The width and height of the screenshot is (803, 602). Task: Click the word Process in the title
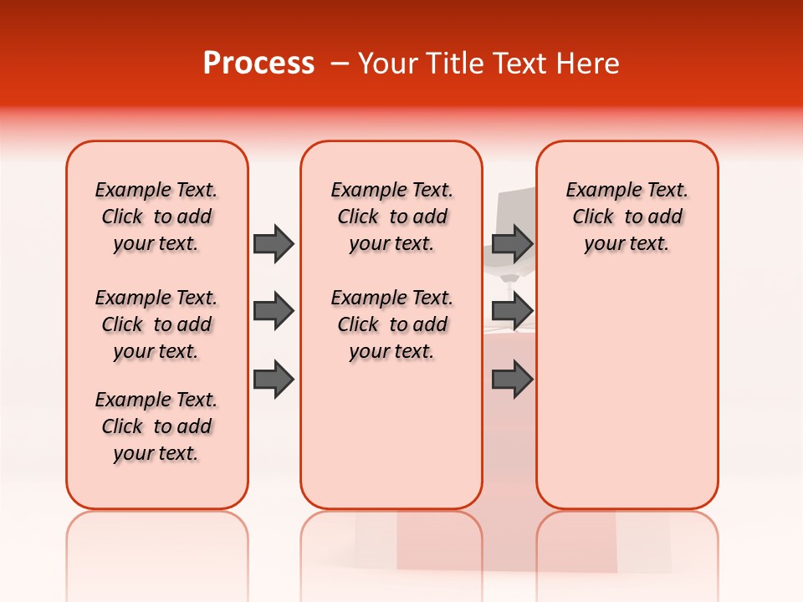258,64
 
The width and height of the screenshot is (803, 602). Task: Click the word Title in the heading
452,64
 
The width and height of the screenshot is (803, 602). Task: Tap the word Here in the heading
590,64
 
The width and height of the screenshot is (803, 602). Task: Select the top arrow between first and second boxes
274,243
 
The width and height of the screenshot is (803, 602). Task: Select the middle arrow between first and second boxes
274,311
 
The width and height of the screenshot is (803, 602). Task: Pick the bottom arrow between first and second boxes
274,379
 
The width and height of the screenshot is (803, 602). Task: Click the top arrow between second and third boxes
512,243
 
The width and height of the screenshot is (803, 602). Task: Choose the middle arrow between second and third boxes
512,311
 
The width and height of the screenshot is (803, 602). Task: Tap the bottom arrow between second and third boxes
512,379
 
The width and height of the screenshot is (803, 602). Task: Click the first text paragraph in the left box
156,217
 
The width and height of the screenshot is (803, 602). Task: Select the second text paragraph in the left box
156,324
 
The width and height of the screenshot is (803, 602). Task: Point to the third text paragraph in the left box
156,426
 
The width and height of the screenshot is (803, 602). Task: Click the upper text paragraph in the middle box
391,217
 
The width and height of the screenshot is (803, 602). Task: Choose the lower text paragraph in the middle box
391,324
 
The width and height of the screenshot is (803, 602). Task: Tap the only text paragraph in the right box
627,217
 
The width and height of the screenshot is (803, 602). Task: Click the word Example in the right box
597,191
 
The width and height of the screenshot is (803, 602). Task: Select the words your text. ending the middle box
391,352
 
